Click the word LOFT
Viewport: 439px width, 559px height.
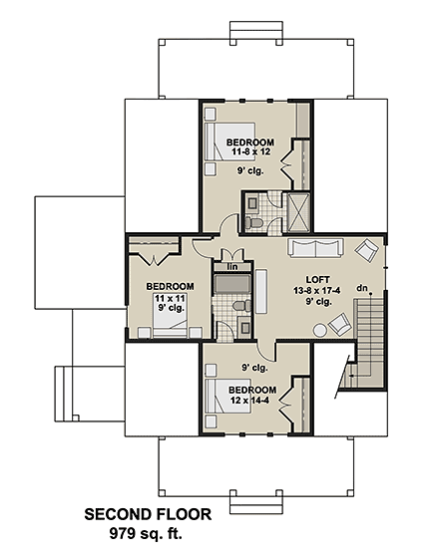(318, 279)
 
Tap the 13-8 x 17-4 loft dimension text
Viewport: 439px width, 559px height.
(318, 290)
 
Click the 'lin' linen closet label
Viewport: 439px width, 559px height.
(232, 267)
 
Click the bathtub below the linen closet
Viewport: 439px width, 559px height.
(233, 286)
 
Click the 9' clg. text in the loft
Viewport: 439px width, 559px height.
(318, 302)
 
